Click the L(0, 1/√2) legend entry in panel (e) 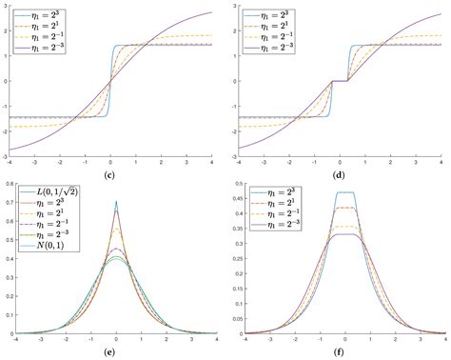click(56, 196)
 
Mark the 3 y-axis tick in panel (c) click(9, 7)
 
